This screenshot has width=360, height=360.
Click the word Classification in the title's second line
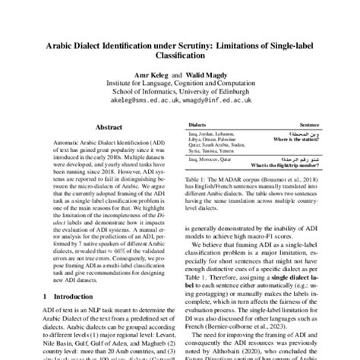pos(179,59)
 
